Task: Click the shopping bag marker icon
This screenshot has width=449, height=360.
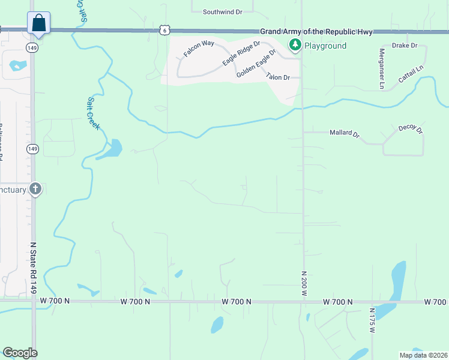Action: click(x=38, y=23)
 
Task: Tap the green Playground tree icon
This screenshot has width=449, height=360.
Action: click(x=295, y=45)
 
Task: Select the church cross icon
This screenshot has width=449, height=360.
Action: click(x=35, y=190)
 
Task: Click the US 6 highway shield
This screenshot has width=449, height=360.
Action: click(x=165, y=29)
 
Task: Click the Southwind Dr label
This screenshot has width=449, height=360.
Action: click(x=222, y=11)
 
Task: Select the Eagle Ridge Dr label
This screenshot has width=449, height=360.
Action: click(x=241, y=53)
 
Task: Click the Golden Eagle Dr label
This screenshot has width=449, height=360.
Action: click(x=256, y=63)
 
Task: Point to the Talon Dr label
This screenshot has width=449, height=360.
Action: click(x=278, y=77)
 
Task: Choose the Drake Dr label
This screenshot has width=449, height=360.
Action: click(x=404, y=45)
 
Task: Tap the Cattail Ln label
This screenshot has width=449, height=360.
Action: click(x=412, y=75)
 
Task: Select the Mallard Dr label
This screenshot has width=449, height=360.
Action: click(x=344, y=134)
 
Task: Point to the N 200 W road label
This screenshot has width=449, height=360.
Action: click(x=304, y=283)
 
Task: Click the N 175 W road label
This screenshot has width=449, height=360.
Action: click(x=372, y=322)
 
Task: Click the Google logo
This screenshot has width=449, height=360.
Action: click(x=20, y=353)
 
